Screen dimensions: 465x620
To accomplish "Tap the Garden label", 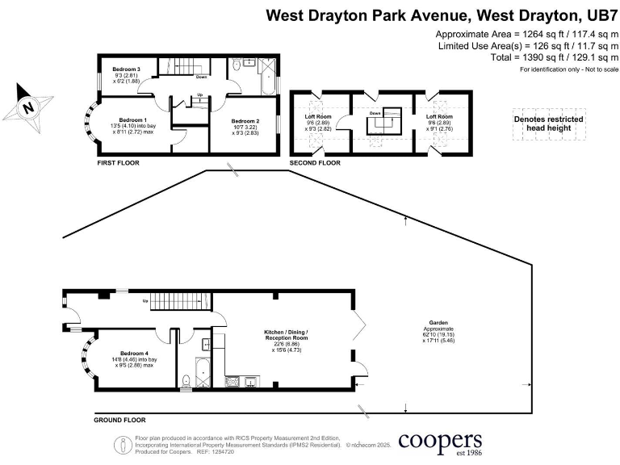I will pos(438,321).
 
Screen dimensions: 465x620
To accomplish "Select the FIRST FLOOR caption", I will pos(118,163).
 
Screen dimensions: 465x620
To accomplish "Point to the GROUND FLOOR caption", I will pos(119,421).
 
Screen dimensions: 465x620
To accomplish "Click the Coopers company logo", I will pos(442,443).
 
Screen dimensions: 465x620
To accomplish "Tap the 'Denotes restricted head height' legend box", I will pos(549,124).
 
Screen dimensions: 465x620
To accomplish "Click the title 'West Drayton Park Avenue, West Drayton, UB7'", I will pos(442,15).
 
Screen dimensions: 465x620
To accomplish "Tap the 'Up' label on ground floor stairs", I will pos(145,303).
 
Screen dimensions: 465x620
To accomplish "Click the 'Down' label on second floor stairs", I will pos(375,114).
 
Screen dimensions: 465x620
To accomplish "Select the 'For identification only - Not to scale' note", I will pos(568,71).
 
